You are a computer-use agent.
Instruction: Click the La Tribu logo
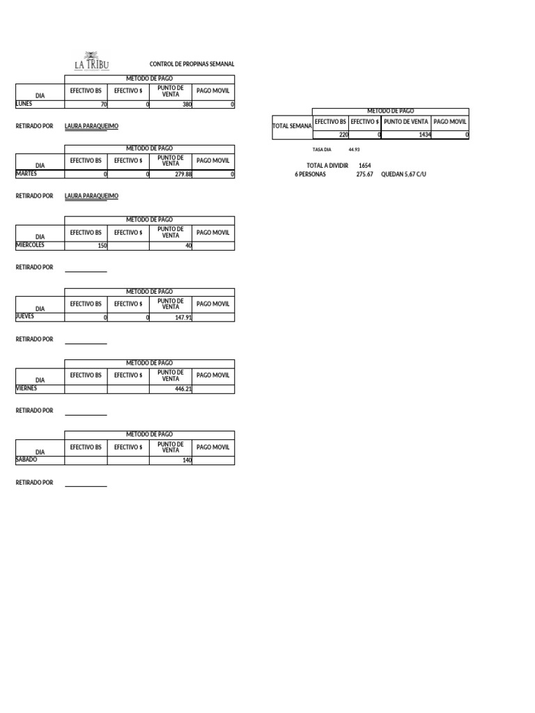[91, 61]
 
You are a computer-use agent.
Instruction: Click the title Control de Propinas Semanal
[192, 64]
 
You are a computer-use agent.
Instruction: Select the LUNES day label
[24, 104]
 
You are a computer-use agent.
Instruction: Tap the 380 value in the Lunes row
[186, 104]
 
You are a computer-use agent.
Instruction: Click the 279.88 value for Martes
[183, 175]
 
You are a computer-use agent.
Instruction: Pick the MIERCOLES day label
[30, 245]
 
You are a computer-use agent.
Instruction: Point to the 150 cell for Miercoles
[102, 246]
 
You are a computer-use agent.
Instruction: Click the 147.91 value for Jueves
[183, 318]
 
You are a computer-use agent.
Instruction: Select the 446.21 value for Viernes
[183, 389]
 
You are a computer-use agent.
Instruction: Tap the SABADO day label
[26, 460]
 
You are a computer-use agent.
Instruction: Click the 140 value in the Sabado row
[186, 461]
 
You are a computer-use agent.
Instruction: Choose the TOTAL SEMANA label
[292, 126]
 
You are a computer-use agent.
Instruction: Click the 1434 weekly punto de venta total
[424, 135]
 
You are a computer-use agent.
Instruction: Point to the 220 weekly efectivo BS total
[343, 135]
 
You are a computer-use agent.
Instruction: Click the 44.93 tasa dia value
[354, 150]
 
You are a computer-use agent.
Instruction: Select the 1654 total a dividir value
[364, 166]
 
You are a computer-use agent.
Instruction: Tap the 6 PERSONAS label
[310, 174]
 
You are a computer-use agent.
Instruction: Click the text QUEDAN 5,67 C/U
[403, 174]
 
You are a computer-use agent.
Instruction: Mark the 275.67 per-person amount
[364, 174]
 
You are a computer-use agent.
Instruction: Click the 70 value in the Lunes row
[104, 104]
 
